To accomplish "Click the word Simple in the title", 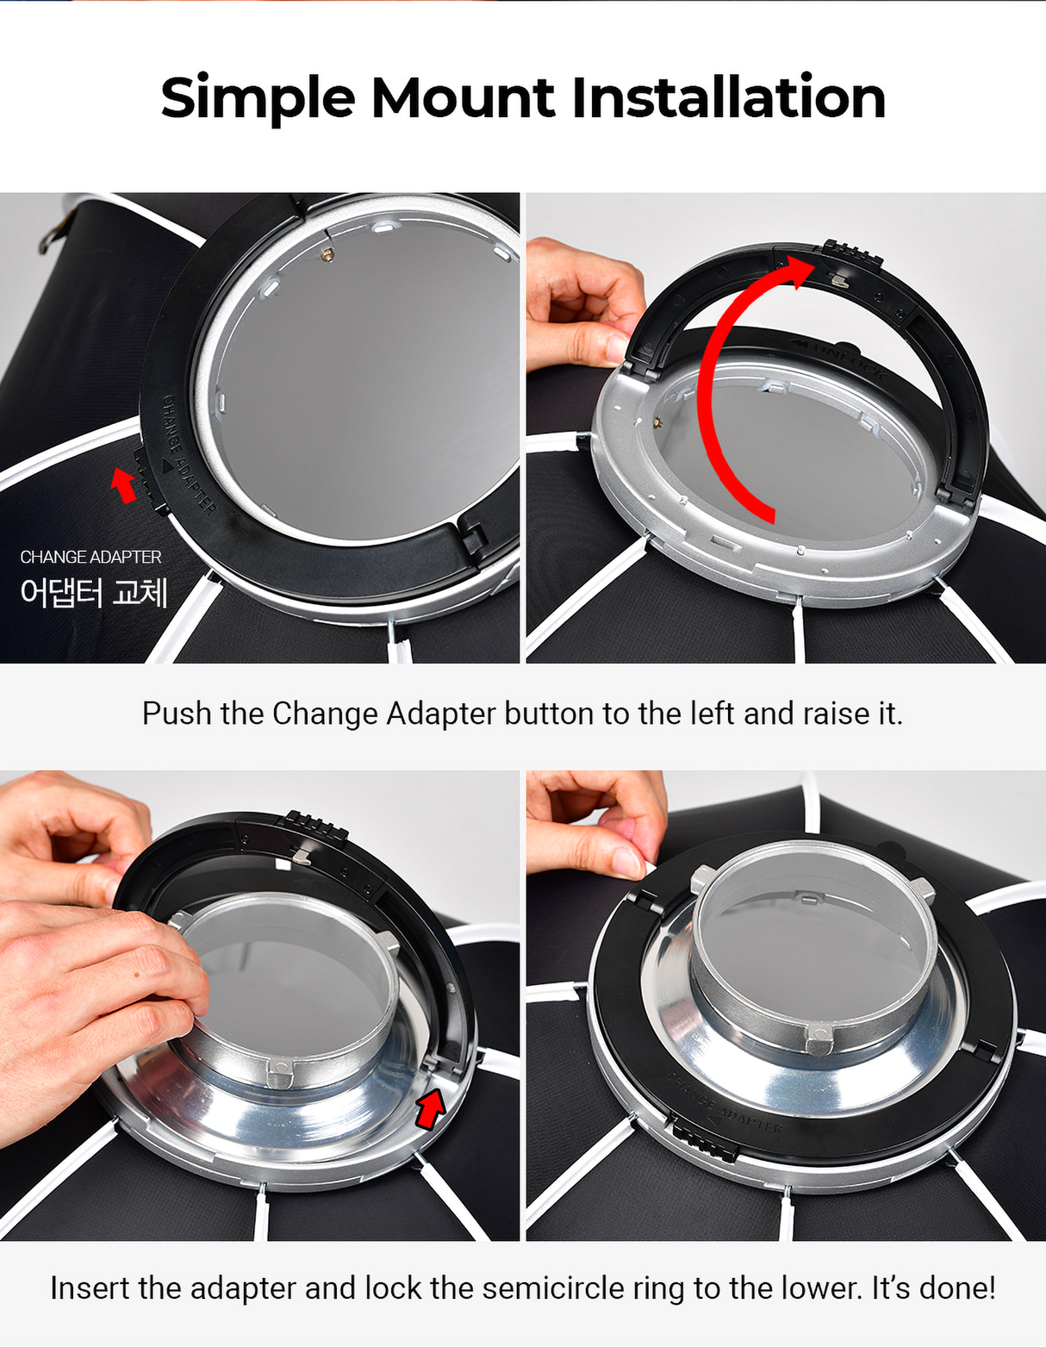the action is [x=258, y=98].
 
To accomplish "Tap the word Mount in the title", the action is [x=463, y=98].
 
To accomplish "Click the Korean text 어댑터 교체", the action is [x=94, y=593].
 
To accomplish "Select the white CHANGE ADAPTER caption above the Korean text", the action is [x=90, y=558].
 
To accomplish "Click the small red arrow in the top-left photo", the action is [x=124, y=485].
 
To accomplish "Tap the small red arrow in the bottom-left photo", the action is [x=431, y=1108].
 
